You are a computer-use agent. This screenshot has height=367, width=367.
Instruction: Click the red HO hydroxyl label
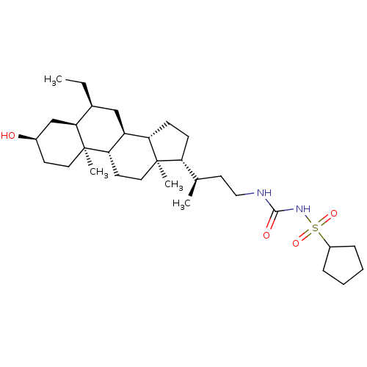(8, 136)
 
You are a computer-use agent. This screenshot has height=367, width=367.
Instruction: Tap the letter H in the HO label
(4, 136)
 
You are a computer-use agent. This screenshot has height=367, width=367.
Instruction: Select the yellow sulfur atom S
(316, 228)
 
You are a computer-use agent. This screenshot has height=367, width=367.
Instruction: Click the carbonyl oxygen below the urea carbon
(266, 236)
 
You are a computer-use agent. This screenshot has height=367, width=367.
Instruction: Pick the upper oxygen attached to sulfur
(334, 214)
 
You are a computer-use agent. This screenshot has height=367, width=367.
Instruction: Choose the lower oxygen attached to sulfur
(296, 242)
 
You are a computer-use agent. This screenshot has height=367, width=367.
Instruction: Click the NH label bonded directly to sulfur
(302, 210)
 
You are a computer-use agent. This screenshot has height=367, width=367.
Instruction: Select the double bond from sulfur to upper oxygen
(325, 221)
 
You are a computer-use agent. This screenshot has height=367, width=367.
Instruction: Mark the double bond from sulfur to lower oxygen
(305, 236)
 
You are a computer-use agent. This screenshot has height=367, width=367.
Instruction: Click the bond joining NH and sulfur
(309, 219)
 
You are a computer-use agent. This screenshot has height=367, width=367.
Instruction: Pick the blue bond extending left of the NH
(250, 195)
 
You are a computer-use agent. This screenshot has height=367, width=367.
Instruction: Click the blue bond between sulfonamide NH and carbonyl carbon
(288, 211)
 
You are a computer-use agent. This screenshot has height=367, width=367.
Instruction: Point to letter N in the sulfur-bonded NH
(299, 210)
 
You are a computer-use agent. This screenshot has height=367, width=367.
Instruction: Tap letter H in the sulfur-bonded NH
(307, 210)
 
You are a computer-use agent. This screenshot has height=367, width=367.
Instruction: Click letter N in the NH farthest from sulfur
(260, 193)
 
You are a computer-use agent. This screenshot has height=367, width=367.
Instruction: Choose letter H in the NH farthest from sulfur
(268, 193)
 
